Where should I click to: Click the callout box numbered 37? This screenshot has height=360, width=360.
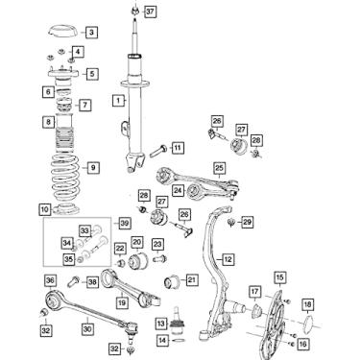(150, 12)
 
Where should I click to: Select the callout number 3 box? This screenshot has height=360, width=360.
(91, 33)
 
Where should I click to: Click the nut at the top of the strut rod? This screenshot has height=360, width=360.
(135, 11)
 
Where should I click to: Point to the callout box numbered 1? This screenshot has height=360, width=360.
(118, 101)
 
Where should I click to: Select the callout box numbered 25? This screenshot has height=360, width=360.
(219, 168)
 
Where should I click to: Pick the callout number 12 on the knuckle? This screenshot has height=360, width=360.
(228, 259)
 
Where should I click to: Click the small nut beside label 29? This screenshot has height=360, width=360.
(230, 222)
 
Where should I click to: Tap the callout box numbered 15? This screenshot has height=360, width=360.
(279, 277)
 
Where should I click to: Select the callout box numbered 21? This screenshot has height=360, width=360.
(191, 280)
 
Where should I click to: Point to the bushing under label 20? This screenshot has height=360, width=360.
(137, 261)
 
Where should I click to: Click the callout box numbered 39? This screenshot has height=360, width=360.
(125, 223)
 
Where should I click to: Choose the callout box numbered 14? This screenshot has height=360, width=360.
(163, 340)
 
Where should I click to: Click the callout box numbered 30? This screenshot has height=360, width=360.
(87, 328)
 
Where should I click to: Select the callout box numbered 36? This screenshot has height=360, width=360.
(50, 280)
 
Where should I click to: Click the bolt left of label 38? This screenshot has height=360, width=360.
(74, 282)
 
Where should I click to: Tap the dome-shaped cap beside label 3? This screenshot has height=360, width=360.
(62, 32)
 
